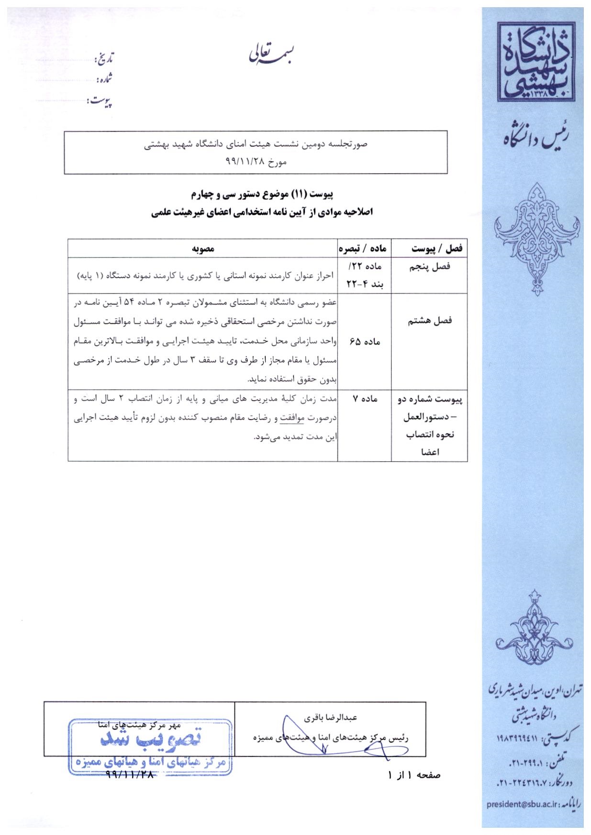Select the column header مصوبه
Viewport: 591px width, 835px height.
click(203, 248)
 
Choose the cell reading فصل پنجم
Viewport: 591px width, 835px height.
click(429, 267)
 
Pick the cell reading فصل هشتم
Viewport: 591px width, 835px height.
click(429, 321)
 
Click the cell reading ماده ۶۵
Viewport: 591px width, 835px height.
click(365, 342)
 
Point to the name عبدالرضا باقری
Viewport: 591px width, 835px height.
click(331, 718)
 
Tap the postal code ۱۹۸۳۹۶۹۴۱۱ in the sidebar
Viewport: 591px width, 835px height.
click(514, 740)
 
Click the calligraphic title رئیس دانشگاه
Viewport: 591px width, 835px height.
click(536, 140)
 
